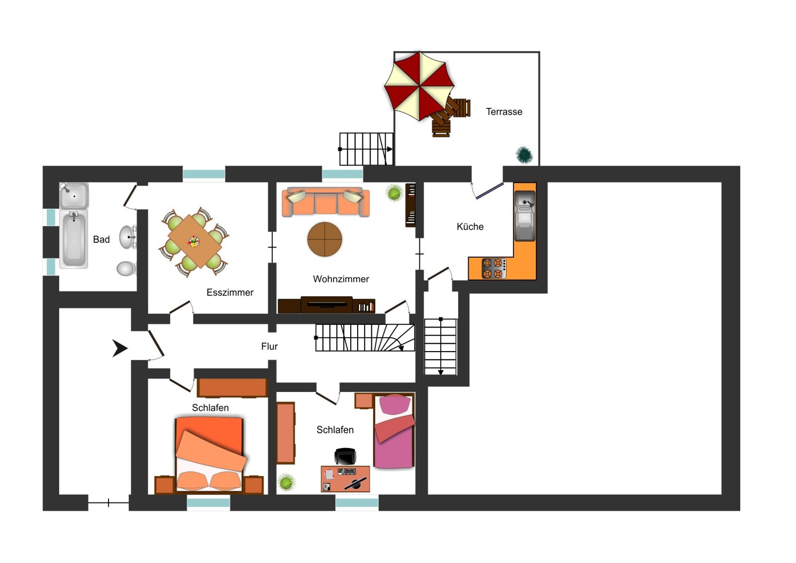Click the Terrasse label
[x=504, y=112]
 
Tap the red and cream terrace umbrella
[x=419, y=86]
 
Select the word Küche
[x=470, y=227]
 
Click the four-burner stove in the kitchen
[x=494, y=268]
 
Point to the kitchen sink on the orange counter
[x=525, y=216]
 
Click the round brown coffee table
[x=324, y=239]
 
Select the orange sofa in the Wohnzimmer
[x=325, y=202]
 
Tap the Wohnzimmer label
[x=341, y=279]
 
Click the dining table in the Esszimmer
[x=195, y=242]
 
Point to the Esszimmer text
[x=230, y=292]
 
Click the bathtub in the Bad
[x=74, y=239]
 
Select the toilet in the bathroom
[x=126, y=269]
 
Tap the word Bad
[x=101, y=239]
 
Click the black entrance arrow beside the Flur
[x=120, y=348]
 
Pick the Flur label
[x=269, y=346]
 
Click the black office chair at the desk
[x=345, y=457]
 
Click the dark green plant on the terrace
[x=524, y=155]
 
